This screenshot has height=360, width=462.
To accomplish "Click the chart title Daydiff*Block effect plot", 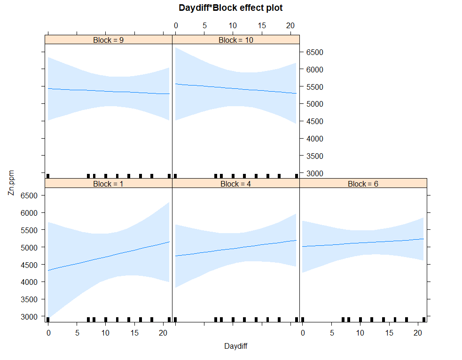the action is click(231, 8).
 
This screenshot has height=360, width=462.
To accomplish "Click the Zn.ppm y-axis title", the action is click(11, 183).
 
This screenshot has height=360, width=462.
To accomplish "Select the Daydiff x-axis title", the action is click(236, 346).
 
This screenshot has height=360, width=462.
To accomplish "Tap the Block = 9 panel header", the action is click(109, 40).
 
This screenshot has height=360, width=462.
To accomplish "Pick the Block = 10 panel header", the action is click(236, 40).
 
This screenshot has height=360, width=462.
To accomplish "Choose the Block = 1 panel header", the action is click(109, 184).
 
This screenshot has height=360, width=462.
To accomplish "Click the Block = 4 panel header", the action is click(236, 184).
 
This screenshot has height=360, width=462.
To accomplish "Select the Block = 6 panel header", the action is click(363, 184).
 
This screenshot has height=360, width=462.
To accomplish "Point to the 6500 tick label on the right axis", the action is click(315, 53).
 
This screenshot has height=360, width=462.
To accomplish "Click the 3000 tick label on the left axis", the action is click(29, 317).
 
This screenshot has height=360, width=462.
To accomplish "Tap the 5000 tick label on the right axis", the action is click(315, 104).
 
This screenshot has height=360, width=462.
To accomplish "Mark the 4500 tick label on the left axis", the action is click(29, 265).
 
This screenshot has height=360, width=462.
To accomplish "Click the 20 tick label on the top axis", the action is click(290, 26).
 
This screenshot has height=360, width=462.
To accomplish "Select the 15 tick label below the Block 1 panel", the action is click(134, 333).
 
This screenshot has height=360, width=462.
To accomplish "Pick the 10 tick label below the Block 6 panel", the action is click(360, 333).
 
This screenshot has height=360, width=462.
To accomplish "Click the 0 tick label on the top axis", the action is click(176, 26).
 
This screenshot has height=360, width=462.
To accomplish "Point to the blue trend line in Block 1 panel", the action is click(109, 256).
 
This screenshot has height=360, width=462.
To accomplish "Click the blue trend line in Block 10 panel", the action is click(236, 89).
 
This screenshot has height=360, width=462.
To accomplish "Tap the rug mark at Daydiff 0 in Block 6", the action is click(303, 320).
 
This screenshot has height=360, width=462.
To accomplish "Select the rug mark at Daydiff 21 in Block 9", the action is click(169, 176).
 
